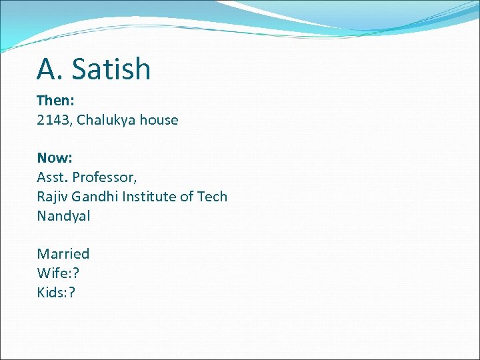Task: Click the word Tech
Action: (x=212, y=197)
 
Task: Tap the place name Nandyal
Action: (x=63, y=216)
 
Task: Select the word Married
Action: (x=63, y=254)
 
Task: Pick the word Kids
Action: (x=50, y=293)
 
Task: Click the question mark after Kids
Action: (x=72, y=293)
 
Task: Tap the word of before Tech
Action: (x=187, y=197)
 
